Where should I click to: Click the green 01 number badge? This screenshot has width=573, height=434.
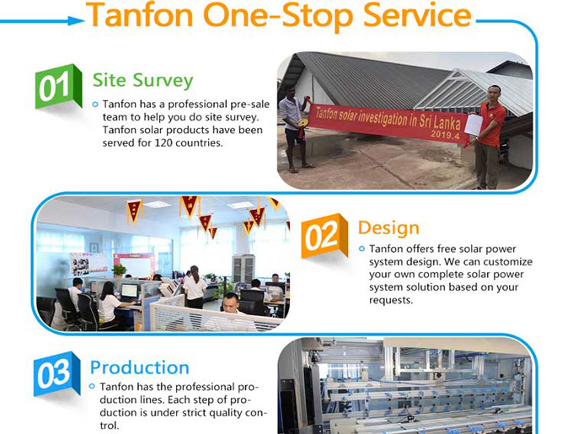click(58, 86)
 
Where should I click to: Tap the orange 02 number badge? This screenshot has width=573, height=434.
click(324, 236)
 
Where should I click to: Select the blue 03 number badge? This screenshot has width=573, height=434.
click(57, 373)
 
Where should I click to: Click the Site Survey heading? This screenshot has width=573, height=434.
click(143, 80)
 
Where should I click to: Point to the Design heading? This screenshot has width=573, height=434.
click(388, 228)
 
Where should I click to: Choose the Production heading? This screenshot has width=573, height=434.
click(140, 367)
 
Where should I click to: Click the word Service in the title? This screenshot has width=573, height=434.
click(417, 15)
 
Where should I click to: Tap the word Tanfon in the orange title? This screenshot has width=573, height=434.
click(139, 15)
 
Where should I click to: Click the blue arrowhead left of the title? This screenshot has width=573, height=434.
click(77, 20)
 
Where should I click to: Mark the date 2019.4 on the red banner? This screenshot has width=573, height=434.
click(445, 135)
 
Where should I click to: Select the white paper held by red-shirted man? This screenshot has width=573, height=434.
click(474, 125)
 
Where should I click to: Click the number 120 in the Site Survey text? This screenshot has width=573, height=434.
click(163, 142)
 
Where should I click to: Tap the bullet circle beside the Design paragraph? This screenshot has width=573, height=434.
click(361, 249)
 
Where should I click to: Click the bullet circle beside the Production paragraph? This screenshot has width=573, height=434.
click(92, 386)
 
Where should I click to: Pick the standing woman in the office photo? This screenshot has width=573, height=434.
click(195, 287)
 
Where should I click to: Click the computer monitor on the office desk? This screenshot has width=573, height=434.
click(130, 292)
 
